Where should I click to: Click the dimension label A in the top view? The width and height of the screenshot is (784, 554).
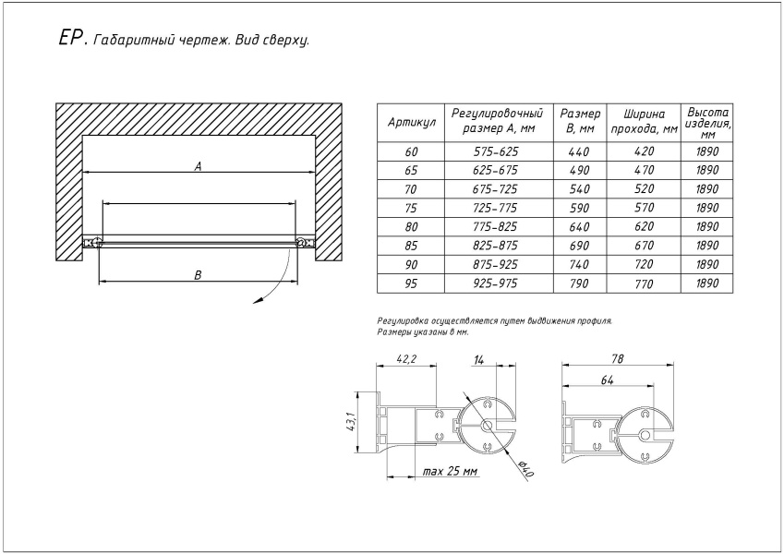pyautogui.click(x=198, y=166)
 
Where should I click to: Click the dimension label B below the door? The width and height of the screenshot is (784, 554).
pyautogui.click(x=198, y=274)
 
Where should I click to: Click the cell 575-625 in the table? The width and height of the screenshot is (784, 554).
pyautogui.click(x=496, y=151)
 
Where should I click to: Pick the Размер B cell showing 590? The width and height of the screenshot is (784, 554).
pyautogui.click(x=579, y=207)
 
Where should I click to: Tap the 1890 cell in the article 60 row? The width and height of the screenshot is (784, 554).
pyautogui.click(x=707, y=151)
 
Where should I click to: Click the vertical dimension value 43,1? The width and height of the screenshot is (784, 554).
pyautogui.click(x=352, y=423)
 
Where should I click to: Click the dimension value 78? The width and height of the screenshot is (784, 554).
pyautogui.click(x=615, y=358)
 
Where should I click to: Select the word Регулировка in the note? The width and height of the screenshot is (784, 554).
pyautogui.click(x=403, y=320)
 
